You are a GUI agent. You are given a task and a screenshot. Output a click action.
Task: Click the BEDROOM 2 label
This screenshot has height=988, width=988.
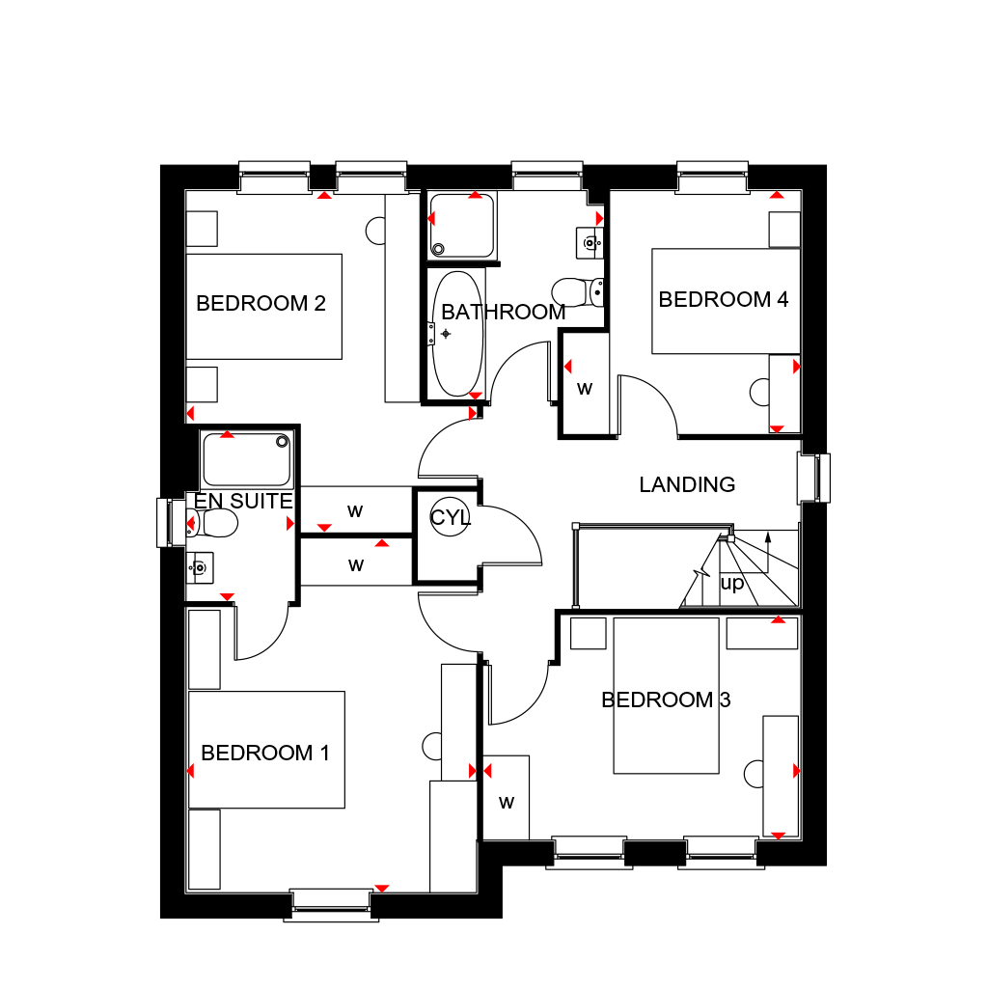click(261, 304)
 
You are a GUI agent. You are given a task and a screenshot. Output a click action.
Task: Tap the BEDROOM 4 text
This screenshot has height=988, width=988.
click(723, 300)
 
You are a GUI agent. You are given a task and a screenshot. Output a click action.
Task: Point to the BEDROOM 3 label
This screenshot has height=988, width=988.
click(666, 700)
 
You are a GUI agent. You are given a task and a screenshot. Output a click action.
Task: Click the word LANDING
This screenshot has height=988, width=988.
click(687, 484)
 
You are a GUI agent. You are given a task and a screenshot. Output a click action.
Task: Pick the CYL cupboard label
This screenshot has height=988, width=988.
click(450, 518)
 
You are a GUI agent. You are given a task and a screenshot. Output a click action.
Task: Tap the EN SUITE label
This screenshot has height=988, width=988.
click(243, 502)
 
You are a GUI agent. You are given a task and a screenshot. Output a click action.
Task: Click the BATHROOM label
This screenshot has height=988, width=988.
click(503, 313)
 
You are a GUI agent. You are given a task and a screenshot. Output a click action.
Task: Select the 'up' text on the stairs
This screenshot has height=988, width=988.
click(732, 584)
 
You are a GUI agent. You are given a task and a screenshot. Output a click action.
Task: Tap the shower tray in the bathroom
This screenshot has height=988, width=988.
click(461, 226)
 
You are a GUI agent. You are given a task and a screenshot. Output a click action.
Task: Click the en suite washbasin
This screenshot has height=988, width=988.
click(199, 567)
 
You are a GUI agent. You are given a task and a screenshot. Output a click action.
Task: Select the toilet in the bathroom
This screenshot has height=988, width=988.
click(578, 289)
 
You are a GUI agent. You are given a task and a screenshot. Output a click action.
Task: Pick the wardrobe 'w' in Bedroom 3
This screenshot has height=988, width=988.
click(506, 802)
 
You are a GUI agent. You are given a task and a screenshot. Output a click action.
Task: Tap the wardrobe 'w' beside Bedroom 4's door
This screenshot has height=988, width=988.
click(584, 389)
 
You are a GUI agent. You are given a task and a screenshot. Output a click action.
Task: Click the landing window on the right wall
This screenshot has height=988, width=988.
click(812, 478)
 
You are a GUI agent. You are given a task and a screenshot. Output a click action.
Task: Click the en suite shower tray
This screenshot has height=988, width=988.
click(245, 460)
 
